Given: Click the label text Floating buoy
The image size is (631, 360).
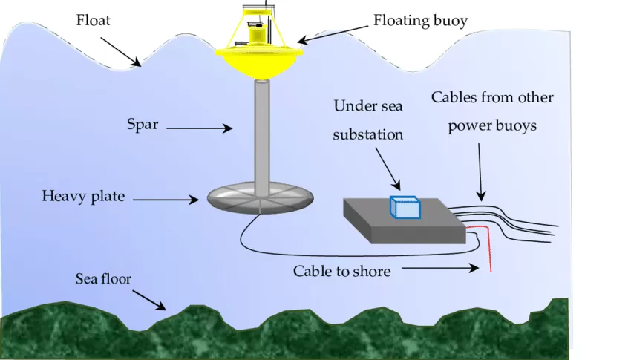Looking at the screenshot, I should point(420,21).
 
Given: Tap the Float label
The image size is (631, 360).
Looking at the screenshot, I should point(94,20).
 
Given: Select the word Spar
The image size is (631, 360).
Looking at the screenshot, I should point(142,124).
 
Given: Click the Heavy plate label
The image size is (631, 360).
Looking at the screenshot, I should point(83,197).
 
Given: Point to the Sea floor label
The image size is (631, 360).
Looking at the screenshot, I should point(103,279).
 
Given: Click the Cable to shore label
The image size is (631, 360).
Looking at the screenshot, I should point(341,271).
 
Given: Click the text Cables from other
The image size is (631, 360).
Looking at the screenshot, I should point(492,97).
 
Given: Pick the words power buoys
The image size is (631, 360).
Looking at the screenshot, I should point(492,125).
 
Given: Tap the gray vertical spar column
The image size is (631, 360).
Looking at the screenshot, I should point(261,134).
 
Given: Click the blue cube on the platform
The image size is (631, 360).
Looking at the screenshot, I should point(405,207).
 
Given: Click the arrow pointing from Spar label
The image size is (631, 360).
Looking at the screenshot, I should point(199,128).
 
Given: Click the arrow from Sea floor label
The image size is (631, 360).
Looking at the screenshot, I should point(151,299).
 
